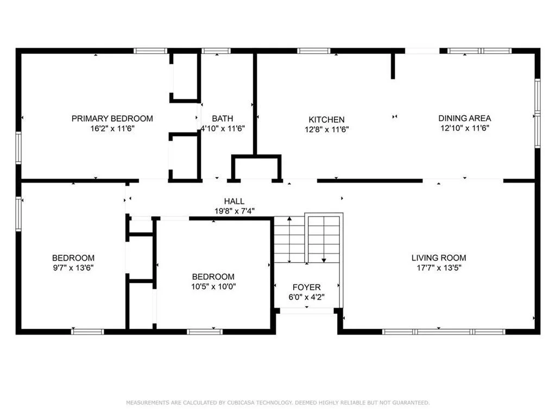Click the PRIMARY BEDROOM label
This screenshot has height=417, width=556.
tap(112, 118)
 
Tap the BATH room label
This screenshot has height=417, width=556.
tap(223, 118)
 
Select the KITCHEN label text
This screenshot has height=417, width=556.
tap(326, 119)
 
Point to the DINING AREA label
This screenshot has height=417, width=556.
tap(465, 118)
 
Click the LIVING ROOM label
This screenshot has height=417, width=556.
tap(439, 258)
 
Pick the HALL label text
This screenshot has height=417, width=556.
tap(234, 201)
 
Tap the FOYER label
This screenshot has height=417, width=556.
tap(306, 287)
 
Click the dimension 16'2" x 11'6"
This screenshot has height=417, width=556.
tap(112, 128)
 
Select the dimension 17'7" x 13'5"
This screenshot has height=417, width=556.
tap(439, 268)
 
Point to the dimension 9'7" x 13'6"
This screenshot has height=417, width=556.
tap(73, 268)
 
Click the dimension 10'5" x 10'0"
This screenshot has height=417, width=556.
tap(213, 287)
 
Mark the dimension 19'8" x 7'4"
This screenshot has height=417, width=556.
tap(234, 211)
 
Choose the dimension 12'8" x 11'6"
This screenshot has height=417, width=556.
tap(326, 129)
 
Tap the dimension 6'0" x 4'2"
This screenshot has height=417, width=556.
tap(306, 297)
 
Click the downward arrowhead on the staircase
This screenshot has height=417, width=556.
tap(324, 260)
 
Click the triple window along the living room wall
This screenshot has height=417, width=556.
tap(444, 332)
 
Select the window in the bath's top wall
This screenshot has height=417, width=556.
tap(216, 50)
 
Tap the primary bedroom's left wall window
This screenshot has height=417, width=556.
tap(18, 148)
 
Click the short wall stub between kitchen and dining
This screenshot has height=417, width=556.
tap(393, 66)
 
